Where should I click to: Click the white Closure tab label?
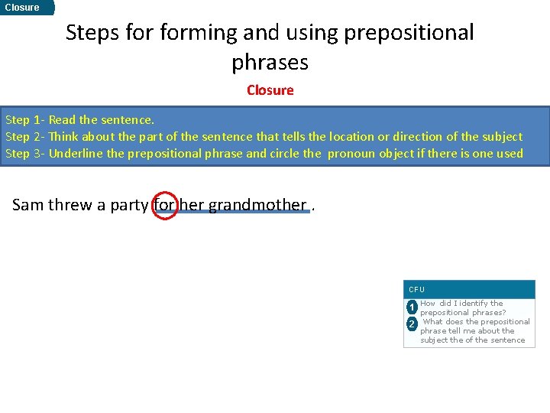[22, 8]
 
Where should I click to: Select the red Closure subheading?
[270, 90]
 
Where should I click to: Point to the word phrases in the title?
[270, 61]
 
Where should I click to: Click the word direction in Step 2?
[416, 137]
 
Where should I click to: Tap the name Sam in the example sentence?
[28, 205]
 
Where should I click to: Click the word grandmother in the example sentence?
[257, 205]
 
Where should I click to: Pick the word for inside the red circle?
[165, 205]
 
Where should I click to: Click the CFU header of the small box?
[417, 290]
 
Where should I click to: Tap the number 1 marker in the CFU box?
[412, 308]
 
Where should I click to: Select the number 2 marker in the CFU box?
[412, 324]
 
